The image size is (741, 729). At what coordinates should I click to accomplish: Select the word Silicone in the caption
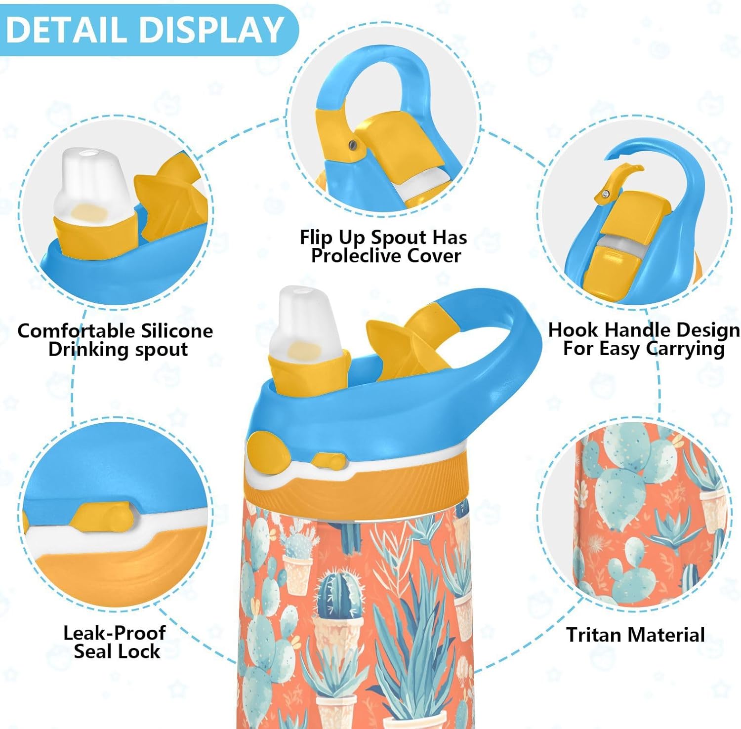coord(176,330)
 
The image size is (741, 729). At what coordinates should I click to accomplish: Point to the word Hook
coord(574,329)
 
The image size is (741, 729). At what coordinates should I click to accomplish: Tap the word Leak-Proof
coord(114,633)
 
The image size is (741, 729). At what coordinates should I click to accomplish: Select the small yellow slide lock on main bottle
coord(329,462)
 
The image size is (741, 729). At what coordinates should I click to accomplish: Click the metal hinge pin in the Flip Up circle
coord(352,144)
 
